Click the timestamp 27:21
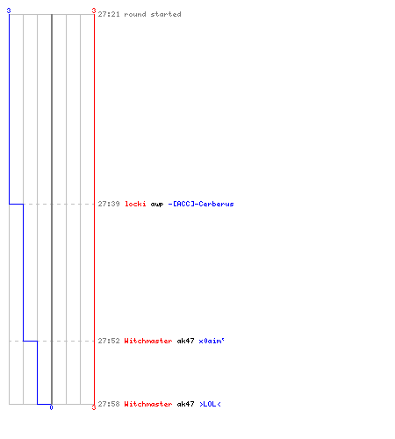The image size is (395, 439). (x=109, y=14)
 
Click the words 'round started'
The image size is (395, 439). (x=153, y=14)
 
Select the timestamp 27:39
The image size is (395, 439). (x=109, y=204)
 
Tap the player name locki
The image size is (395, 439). (x=135, y=204)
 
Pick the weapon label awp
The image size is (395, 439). (x=157, y=205)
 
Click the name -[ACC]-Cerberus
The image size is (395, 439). (x=201, y=204)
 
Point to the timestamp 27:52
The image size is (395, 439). (x=109, y=341)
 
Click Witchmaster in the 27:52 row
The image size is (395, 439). (x=148, y=341)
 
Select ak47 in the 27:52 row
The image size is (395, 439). (x=185, y=341)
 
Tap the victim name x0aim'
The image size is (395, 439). (x=212, y=341)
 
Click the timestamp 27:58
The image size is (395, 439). (x=109, y=404)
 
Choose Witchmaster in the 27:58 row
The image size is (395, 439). (x=148, y=404)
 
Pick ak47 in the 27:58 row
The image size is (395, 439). (x=185, y=404)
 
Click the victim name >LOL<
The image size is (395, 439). (x=210, y=404)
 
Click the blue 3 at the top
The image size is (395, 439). (x=9, y=11)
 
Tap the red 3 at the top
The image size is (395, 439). (x=94, y=11)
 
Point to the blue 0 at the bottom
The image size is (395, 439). (x=51, y=407)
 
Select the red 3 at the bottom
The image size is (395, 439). (x=94, y=407)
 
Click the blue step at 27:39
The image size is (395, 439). (x=16, y=204)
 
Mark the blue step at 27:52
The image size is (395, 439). (x=30, y=341)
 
